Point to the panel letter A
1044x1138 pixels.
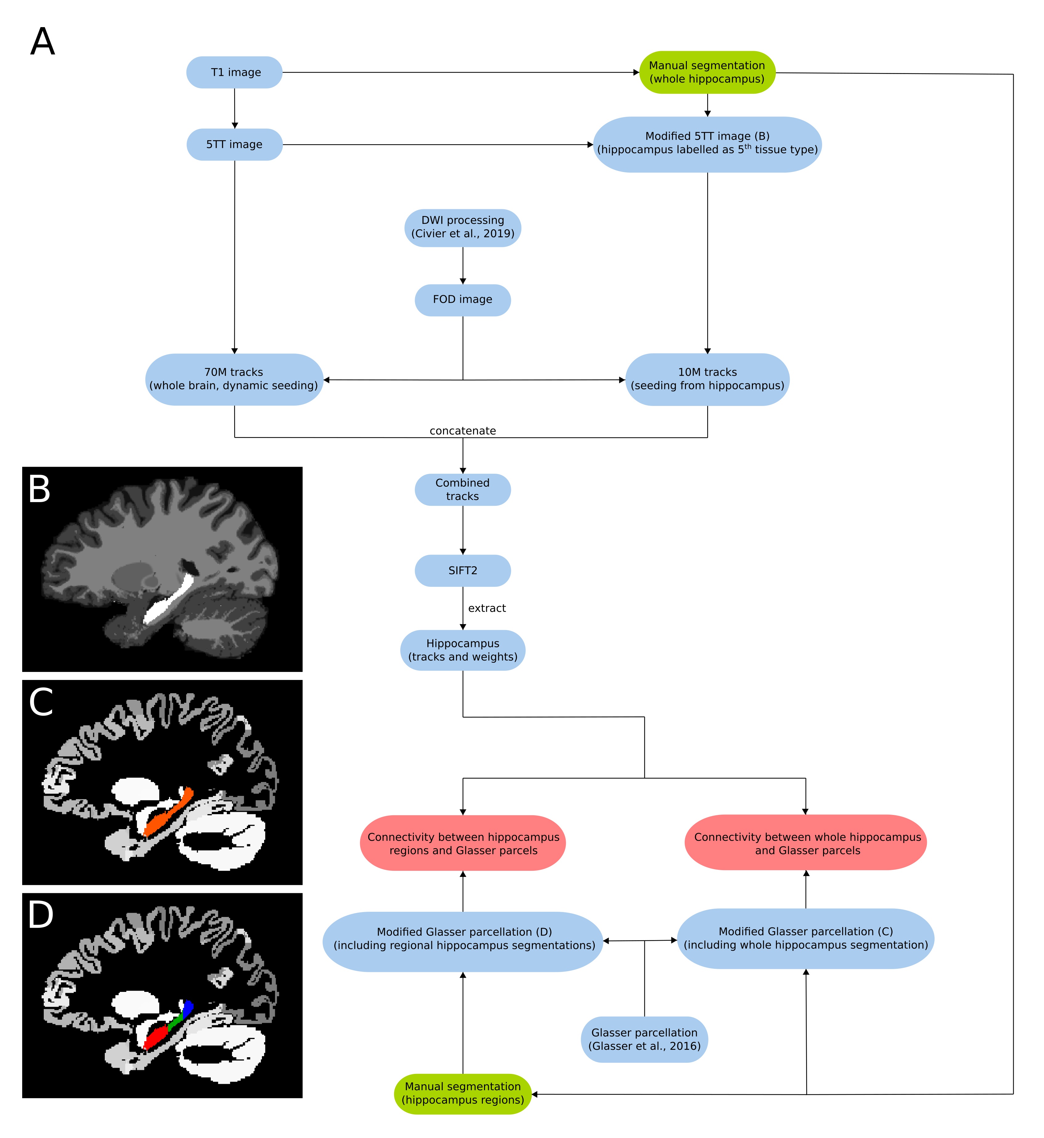pyautogui.click(x=43, y=42)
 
